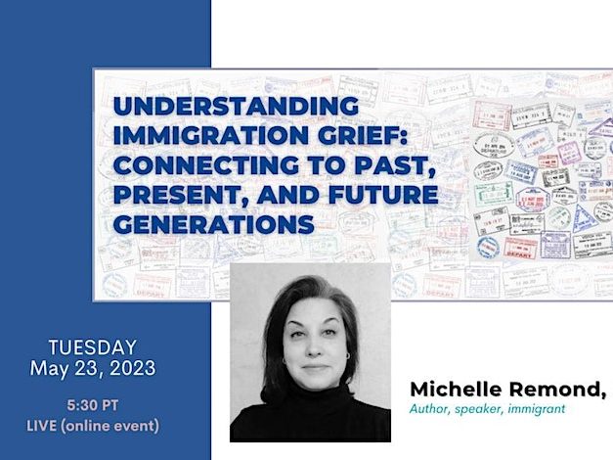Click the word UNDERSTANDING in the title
236,106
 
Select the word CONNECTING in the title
206,164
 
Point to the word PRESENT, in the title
182,195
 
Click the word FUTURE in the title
383,195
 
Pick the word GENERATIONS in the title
213,224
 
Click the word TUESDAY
93,347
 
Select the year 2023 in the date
133,368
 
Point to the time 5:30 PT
93,405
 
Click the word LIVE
41,426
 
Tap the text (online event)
109,426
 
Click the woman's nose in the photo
314,346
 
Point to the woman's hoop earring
347,356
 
